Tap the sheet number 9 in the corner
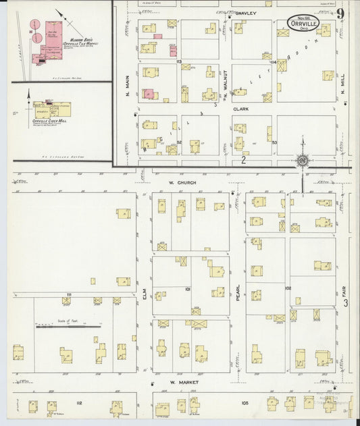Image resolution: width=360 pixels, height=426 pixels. (342, 14)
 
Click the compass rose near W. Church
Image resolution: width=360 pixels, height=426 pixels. (303, 161)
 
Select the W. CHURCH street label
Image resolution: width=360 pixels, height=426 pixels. (182, 182)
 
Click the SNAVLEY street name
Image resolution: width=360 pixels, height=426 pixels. (248, 13)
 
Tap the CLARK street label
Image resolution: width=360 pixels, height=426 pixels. (242, 108)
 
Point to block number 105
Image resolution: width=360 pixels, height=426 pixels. (245, 403)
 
